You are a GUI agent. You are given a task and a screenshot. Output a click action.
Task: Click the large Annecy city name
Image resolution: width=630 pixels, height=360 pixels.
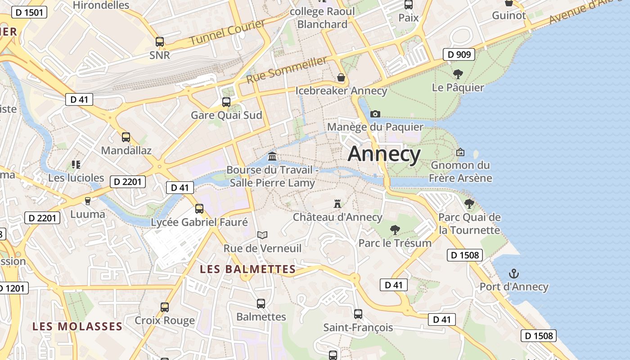[384, 154]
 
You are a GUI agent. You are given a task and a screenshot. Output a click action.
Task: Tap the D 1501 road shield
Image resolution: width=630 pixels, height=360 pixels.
[29, 12]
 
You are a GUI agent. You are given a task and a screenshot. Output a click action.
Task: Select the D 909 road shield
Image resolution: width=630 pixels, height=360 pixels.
[459, 54]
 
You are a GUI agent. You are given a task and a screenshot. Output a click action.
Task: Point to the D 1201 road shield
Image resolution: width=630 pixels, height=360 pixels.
[13, 288]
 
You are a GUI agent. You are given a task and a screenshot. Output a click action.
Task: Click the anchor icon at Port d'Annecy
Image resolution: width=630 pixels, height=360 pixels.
[513, 274]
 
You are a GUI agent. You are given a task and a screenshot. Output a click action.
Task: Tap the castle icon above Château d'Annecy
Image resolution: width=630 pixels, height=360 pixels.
[337, 204]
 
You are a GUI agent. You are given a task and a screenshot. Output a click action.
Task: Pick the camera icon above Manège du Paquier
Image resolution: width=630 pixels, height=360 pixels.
[375, 114]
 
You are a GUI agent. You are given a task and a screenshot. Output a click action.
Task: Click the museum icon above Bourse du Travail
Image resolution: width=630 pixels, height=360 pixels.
[272, 157]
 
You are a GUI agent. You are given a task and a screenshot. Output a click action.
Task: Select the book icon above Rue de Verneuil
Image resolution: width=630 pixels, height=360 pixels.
[262, 235]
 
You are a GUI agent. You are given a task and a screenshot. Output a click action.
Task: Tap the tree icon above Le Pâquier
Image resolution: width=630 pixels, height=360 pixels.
[458, 74]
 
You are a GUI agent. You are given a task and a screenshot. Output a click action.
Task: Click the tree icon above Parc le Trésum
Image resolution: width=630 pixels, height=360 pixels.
[395, 230]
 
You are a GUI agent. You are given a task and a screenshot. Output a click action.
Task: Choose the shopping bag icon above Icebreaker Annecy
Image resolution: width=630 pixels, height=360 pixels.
[341, 77]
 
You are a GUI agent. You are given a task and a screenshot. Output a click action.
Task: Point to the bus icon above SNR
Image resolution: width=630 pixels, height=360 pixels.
[160, 42]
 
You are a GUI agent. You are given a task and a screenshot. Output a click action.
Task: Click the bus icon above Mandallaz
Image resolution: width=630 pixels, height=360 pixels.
[126, 137]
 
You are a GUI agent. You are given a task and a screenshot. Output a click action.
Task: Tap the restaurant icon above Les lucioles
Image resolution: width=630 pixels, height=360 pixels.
[76, 165]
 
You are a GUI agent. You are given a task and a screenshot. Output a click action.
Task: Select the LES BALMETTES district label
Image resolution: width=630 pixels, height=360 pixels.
[247, 270]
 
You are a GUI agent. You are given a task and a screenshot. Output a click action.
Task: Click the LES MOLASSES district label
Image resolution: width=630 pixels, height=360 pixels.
[77, 326]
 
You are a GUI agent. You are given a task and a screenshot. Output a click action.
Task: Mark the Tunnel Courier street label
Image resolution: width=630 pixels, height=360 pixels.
[227, 32]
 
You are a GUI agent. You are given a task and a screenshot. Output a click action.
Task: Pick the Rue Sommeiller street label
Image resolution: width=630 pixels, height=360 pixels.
[286, 70]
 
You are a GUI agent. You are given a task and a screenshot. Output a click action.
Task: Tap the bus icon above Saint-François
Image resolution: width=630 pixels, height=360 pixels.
[358, 314]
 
